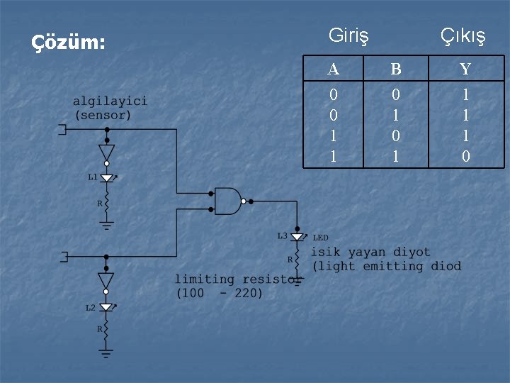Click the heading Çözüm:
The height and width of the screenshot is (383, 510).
[69, 43]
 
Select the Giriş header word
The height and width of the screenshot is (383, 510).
[348, 35]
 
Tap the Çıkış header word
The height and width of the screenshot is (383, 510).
[463, 35]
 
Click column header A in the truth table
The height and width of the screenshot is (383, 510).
[334, 69]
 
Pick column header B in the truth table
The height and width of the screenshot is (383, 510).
[395, 69]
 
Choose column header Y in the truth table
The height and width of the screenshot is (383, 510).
[465, 69]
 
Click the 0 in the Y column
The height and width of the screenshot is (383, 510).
[465, 156]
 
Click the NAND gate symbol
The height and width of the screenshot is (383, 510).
[228, 201]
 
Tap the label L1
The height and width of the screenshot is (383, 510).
[92, 177]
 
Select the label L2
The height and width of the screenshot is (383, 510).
[91, 308]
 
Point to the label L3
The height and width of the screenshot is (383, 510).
[282, 235]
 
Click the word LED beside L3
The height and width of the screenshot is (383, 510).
[321, 238]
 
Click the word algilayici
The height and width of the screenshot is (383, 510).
[110, 101]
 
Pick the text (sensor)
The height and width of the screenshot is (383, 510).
[103, 114]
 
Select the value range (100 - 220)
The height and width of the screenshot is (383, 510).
[219, 293]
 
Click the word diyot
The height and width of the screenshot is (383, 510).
[412, 252]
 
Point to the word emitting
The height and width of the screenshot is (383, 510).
[392, 267]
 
